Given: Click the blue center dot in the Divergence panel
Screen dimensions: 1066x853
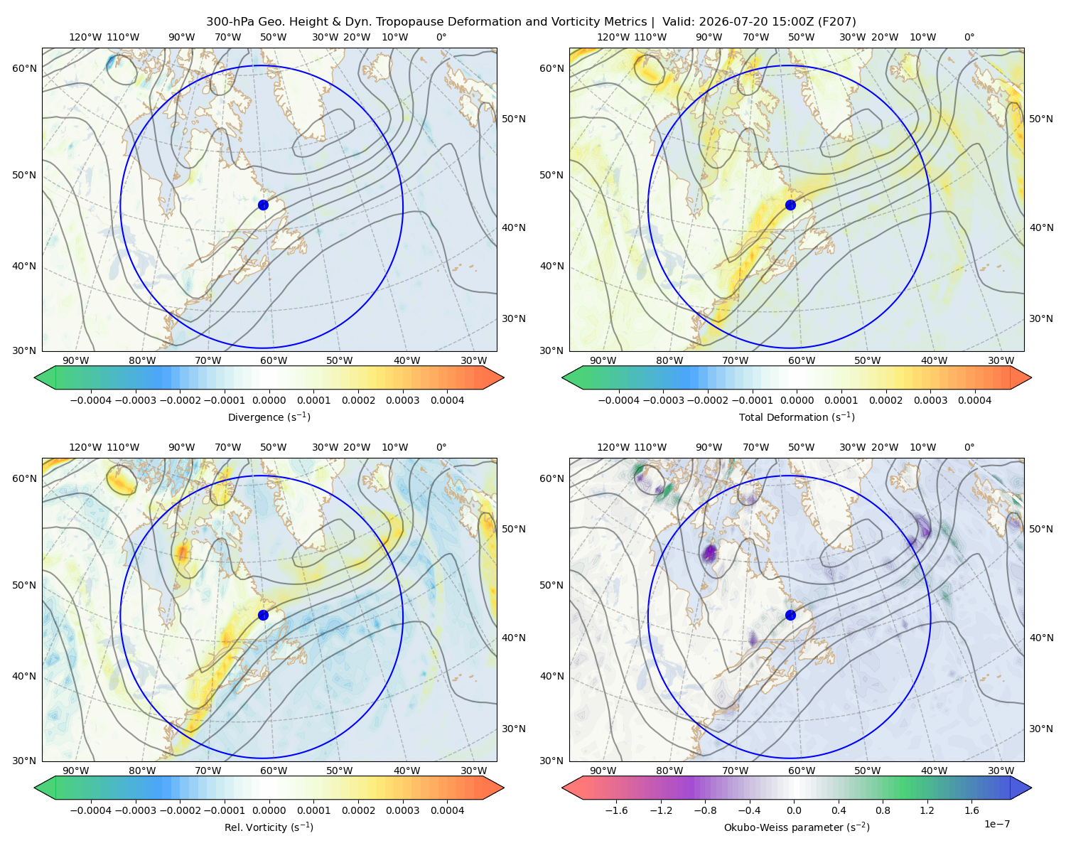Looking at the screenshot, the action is tap(263, 205).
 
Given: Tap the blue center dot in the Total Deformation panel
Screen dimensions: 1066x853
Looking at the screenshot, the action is tap(790, 205).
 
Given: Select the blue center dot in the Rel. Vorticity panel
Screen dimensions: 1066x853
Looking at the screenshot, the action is tap(263, 615).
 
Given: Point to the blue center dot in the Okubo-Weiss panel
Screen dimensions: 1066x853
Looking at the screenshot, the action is tap(790, 615).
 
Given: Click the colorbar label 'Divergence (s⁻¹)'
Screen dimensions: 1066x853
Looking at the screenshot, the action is tap(269, 417).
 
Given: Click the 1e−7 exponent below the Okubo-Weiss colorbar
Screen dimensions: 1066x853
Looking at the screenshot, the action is tap(996, 824).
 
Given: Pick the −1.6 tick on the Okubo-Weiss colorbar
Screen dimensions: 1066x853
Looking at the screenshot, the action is tap(616, 810).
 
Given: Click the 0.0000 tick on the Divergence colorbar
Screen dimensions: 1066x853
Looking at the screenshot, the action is tap(269, 400).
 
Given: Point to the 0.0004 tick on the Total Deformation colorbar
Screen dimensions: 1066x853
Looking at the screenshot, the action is tap(974, 400).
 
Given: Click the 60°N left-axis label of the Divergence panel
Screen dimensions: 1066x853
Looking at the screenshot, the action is tap(24, 68).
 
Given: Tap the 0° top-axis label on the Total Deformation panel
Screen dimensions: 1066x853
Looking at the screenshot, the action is tap(969, 37).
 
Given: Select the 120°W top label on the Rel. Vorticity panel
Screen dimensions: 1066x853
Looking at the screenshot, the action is tap(85, 446).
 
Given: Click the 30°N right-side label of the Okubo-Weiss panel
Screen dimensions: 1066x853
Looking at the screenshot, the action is tap(1041, 728).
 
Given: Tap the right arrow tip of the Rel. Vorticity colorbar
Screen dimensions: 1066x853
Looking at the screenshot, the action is tap(503, 788).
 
